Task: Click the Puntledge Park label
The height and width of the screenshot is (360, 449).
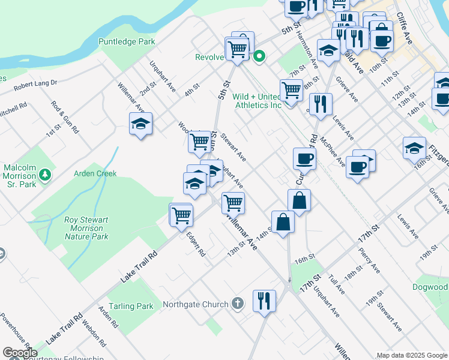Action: pyautogui.click(x=127, y=41)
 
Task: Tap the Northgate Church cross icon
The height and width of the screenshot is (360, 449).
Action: pyautogui.click(x=238, y=304)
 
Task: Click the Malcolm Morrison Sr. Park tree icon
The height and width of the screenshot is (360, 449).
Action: pyautogui.click(x=44, y=175)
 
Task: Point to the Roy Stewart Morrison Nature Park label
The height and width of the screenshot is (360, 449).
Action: pyautogui.click(x=87, y=228)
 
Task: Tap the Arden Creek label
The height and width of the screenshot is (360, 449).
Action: pyautogui.click(x=95, y=173)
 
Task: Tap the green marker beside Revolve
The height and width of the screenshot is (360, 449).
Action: pyautogui.click(x=259, y=57)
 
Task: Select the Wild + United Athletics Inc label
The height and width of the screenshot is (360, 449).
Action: pyautogui.click(x=257, y=101)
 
